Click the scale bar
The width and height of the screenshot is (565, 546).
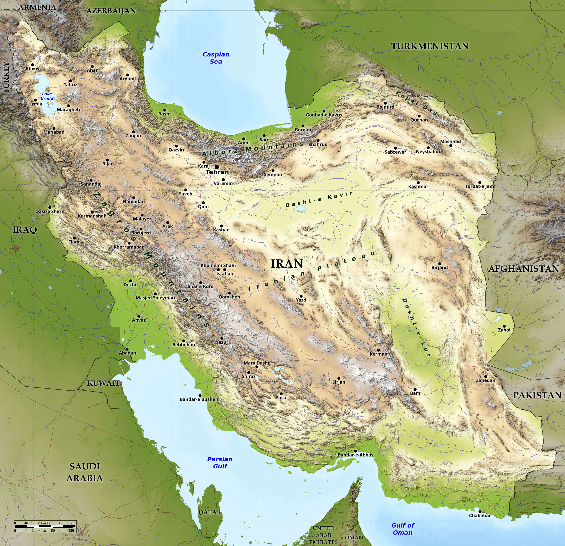(x=45, y=526)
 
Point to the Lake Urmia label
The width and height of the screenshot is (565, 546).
(x=47, y=96)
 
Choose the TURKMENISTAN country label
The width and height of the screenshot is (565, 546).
(x=430, y=46)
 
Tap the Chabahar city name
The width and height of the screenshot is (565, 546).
(x=480, y=515)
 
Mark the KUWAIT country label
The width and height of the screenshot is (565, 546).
(x=103, y=383)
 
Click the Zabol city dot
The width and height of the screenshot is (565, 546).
(x=504, y=326)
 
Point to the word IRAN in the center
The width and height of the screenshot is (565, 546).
(x=287, y=264)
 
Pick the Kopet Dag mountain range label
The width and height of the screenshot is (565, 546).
(x=417, y=103)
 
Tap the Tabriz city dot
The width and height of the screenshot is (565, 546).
(x=70, y=81)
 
